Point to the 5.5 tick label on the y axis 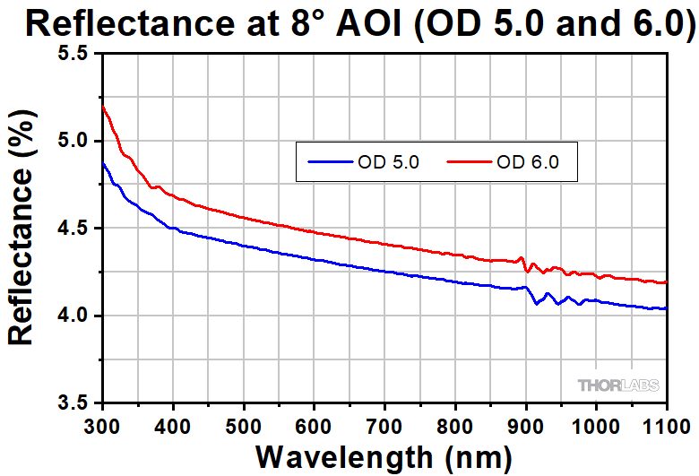pos(73,54)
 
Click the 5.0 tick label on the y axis pos(73,141)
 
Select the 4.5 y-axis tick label pos(73,228)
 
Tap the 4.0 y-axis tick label pos(73,316)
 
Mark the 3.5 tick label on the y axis pos(73,402)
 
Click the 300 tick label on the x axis pos(103,422)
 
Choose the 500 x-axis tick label pos(244,422)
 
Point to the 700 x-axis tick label pos(384,422)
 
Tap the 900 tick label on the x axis pos(526,422)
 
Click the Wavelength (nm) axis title pos(385,455)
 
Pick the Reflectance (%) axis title pos(23,228)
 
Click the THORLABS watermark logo pos(618,385)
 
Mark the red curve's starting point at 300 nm pos(104,107)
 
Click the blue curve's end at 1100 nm pos(667,308)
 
